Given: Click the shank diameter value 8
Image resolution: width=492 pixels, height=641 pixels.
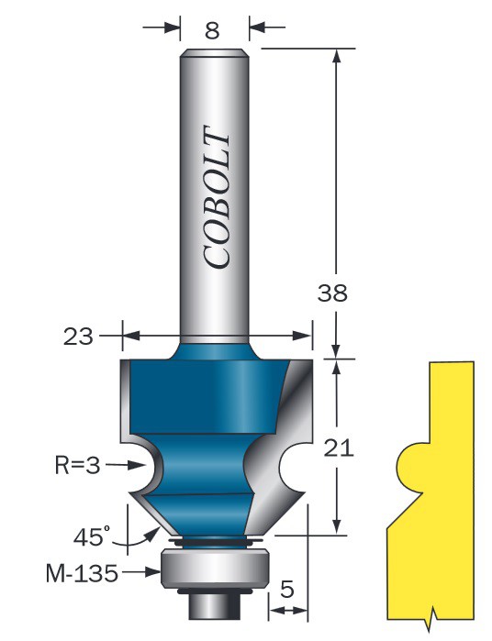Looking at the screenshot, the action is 212,30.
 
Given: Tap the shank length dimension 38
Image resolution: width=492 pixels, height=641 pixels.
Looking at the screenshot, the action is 332,293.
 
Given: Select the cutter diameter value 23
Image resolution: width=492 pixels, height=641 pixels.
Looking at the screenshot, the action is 78,337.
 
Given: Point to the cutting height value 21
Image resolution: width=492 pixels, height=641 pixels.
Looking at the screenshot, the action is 339,448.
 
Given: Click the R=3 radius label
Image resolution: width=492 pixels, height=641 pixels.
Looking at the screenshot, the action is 78,465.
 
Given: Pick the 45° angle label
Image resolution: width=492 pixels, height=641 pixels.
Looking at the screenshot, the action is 92,536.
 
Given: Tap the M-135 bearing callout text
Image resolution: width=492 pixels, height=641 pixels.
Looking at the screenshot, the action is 82,573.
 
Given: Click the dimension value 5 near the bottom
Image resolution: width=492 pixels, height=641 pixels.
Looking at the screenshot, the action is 287,589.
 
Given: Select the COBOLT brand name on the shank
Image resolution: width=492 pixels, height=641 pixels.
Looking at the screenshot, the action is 216,197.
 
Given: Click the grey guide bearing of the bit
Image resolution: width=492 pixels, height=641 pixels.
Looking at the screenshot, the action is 215,569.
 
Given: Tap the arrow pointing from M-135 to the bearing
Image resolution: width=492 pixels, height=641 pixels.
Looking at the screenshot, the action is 140,572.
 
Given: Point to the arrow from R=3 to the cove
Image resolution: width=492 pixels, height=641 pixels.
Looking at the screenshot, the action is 128,465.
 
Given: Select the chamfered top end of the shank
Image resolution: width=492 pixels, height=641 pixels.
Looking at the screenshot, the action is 215,53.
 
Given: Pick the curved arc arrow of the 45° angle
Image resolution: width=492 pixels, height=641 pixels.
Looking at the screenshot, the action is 137,539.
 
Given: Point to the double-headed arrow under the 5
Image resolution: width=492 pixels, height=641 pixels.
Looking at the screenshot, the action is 289,611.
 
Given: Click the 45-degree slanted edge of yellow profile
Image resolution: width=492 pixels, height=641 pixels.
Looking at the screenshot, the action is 405,511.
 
